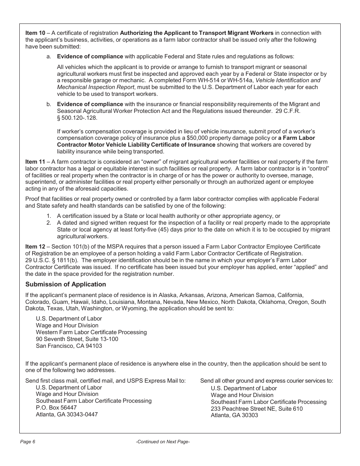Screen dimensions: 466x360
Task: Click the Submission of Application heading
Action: [66, 284]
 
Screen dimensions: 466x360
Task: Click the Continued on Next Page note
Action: [163, 442]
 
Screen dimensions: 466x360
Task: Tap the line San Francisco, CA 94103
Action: [69, 346]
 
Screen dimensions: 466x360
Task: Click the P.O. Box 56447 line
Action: [56, 408]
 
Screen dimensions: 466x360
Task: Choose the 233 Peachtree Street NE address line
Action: [257, 408]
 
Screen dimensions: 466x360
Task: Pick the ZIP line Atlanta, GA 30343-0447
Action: [67, 414]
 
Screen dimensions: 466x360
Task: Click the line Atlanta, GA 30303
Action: [234, 415]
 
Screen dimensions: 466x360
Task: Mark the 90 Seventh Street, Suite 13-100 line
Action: [77, 339]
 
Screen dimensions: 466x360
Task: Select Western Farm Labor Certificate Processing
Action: [91, 332]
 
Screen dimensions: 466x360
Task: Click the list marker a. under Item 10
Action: [49, 56]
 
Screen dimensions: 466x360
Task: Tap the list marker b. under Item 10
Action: [49, 104]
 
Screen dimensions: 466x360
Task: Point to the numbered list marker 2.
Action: [49, 223]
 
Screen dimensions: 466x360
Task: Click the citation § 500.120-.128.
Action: [77, 118]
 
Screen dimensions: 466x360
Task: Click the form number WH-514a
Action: [242, 80]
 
